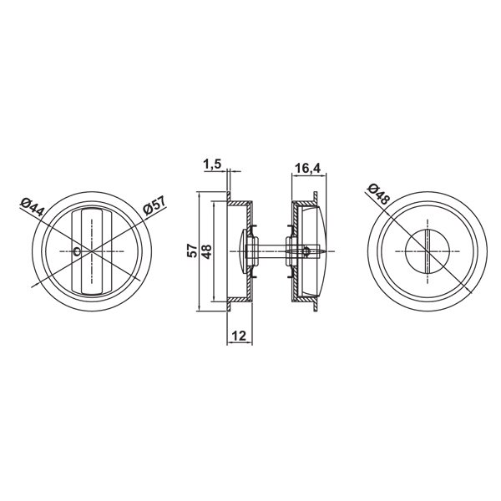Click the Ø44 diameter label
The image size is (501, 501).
[x=32, y=207]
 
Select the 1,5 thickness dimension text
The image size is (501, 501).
[x=212, y=164]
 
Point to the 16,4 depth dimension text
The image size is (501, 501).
[x=307, y=168]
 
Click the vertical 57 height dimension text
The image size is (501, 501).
[x=192, y=250]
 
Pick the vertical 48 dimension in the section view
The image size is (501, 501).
[x=206, y=252]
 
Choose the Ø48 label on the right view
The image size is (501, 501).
[x=379, y=195]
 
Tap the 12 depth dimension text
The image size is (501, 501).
[x=239, y=336]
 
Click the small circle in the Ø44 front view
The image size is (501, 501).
[x=77, y=252]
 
